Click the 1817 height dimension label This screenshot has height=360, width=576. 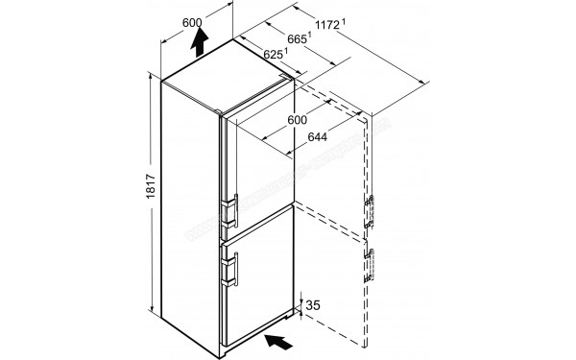point(140,191)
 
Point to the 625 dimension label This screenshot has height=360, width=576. point(275,56)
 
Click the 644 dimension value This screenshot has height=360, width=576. point(322,138)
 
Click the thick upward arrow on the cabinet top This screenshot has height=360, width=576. point(200,40)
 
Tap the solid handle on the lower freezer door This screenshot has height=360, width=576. point(231,268)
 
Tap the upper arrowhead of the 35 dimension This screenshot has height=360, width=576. point(305,300)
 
